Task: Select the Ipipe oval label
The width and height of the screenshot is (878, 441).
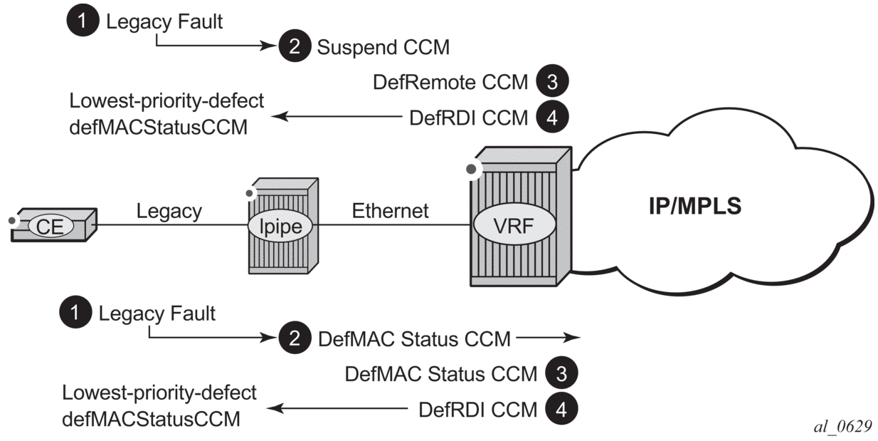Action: pyautogui.click(x=282, y=229)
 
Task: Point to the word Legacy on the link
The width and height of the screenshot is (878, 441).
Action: pyautogui.click(x=169, y=211)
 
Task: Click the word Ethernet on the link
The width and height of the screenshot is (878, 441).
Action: pyautogui.click(x=391, y=211)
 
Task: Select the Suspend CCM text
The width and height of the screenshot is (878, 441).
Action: pyautogui.click(x=384, y=48)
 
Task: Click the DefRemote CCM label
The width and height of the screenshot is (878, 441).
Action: pyautogui.click(x=450, y=83)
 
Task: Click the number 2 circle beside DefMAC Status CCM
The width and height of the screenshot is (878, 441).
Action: pyautogui.click(x=294, y=339)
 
